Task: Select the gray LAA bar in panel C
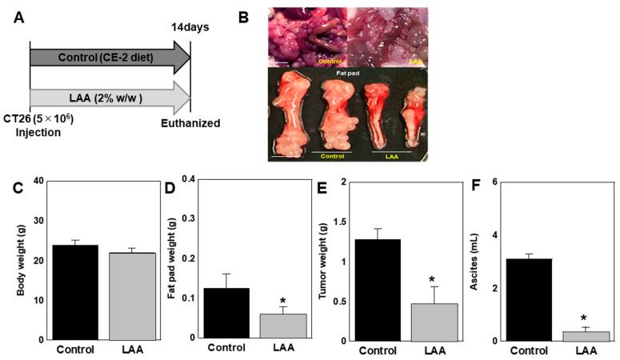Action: click(133, 297)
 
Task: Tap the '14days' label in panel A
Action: click(191, 26)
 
